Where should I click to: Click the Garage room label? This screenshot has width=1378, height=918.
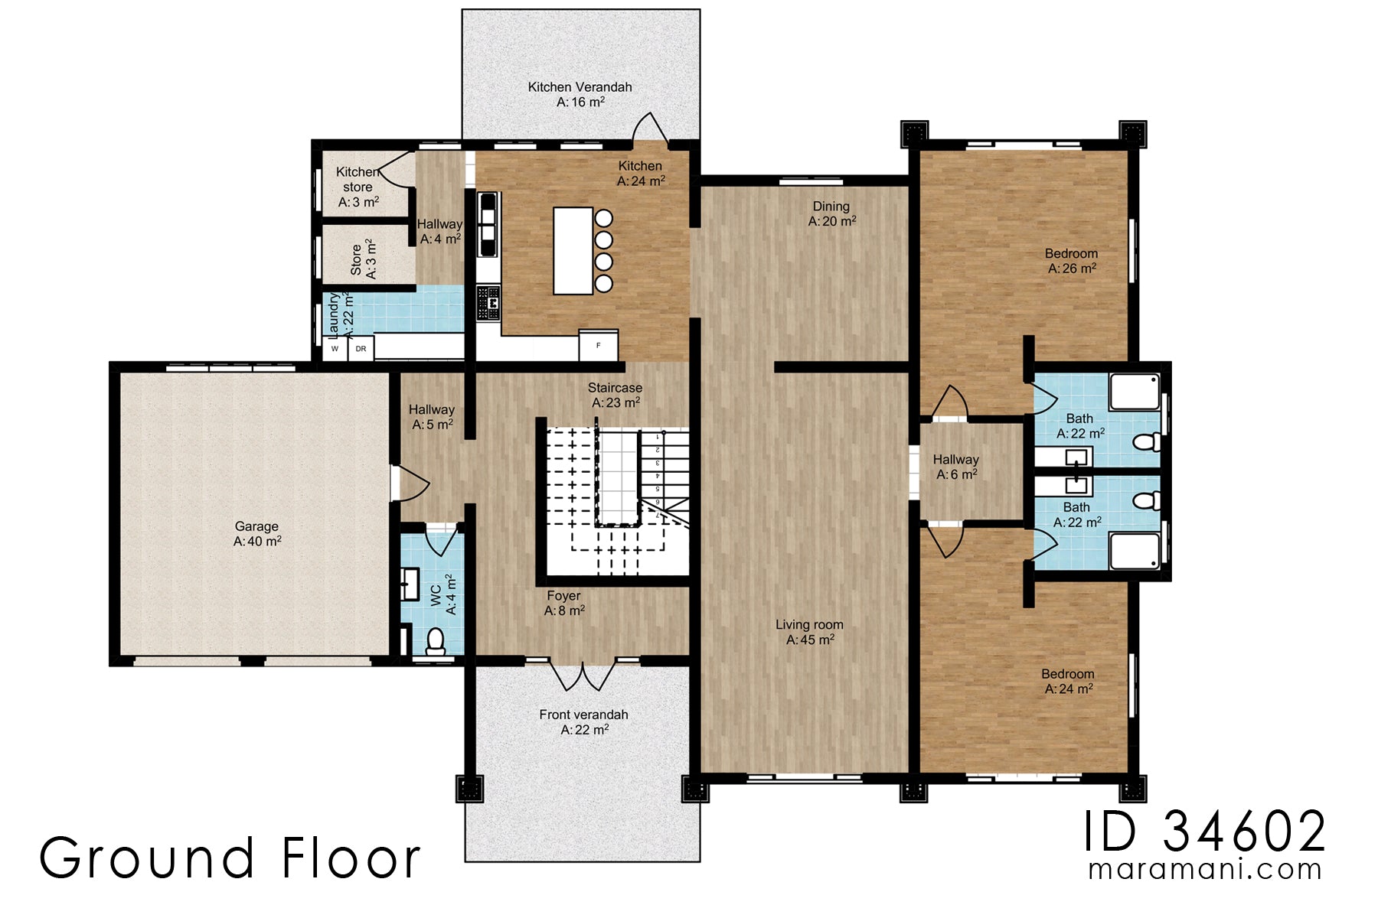pyautogui.click(x=257, y=533)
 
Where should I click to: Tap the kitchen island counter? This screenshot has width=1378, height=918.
pyautogui.click(x=573, y=251)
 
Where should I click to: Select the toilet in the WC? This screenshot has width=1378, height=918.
pyautogui.click(x=435, y=641)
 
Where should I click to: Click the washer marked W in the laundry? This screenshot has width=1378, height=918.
pyautogui.click(x=335, y=349)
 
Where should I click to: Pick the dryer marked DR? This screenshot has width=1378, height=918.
pyautogui.click(x=361, y=349)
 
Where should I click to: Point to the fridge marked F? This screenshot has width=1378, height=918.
pyautogui.click(x=598, y=345)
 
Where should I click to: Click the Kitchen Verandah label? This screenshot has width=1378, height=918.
pyautogui.click(x=580, y=94)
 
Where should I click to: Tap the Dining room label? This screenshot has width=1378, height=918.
pyautogui.click(x=831, y=213)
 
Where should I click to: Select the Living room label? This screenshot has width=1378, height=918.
pyautogui.click(x=809, y=632)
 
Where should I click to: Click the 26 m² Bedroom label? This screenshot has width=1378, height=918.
pyautogui.click(x=1071, y=261)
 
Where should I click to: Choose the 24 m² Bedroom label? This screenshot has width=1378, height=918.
pyautogui.click(x=1067, y=681)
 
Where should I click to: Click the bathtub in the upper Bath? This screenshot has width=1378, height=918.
pyautogui.click(x=1135, y=392)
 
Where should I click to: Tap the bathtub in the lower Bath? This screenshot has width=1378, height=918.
pyautogui.click(x=1135, y=551)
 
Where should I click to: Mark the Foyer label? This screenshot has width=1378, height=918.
pyautogui.click(x=564, y=603)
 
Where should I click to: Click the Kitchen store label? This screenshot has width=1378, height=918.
pyautogui.click(x=358, y=187)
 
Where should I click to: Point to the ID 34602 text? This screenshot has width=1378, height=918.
pyautogui.click(x=1205, y=832)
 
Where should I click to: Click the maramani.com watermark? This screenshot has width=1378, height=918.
pyautogui.click(x=1205, y=870)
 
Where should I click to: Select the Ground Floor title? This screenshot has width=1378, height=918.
pyautogui.click(x=230, y=858)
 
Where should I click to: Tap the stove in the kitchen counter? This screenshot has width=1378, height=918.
pyautogui.click(x=488, y=303)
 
